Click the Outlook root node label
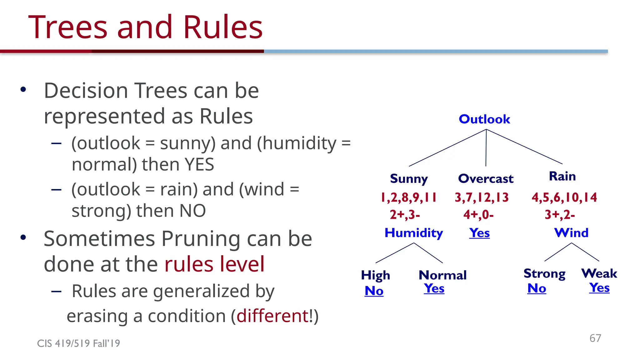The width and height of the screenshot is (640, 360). coord(484,119)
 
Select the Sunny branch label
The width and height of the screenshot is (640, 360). coord(409,179)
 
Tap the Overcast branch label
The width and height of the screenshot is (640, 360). coord(486,179)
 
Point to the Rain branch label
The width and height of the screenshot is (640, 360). coord(562,176)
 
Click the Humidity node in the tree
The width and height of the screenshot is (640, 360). coord(413,233)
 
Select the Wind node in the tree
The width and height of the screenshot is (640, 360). coord(571,233)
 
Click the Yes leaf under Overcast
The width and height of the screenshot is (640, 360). coord(479,233)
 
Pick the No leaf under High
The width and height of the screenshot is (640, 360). coord(374,291)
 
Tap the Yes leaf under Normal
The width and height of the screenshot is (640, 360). coord(434,288)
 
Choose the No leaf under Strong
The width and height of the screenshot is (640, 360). coord(537,288)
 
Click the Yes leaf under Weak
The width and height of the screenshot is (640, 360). coord(599,287)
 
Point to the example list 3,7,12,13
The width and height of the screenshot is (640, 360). coord(482,197)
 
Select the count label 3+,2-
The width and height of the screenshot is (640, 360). coord(560,215)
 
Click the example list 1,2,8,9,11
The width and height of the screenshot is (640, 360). coord(408,197)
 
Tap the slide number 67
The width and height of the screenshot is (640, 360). coord(595,338)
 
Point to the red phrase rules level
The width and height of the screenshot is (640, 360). coord(214,264)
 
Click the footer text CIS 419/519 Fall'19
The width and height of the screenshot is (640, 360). coord(78,343)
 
